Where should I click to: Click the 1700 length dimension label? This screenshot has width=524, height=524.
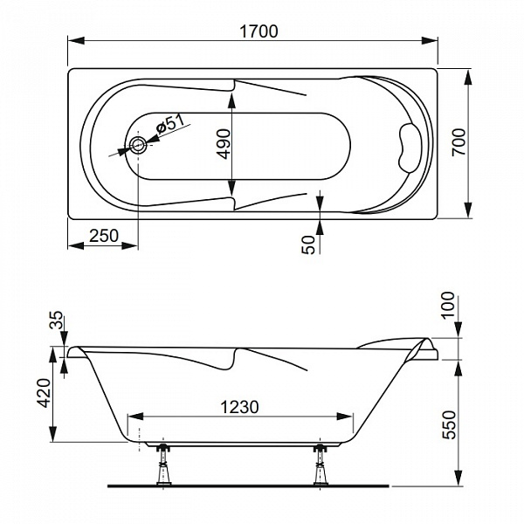click(259, 31)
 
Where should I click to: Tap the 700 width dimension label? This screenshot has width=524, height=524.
click(458, 141)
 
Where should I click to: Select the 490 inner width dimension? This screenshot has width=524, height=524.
click(224, 144)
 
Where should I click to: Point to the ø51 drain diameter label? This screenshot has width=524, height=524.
click(170, 124)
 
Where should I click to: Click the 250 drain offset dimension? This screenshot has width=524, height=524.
click(104, 236)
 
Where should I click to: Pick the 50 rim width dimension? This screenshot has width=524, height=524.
click(308, 245)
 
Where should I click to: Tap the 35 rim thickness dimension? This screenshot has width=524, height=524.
click(56, 320)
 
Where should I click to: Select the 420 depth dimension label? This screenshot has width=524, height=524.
click(44, 393)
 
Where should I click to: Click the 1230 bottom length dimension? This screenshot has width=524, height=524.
click(240, 407)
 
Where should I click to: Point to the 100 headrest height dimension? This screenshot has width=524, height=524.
click(448, 306)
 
